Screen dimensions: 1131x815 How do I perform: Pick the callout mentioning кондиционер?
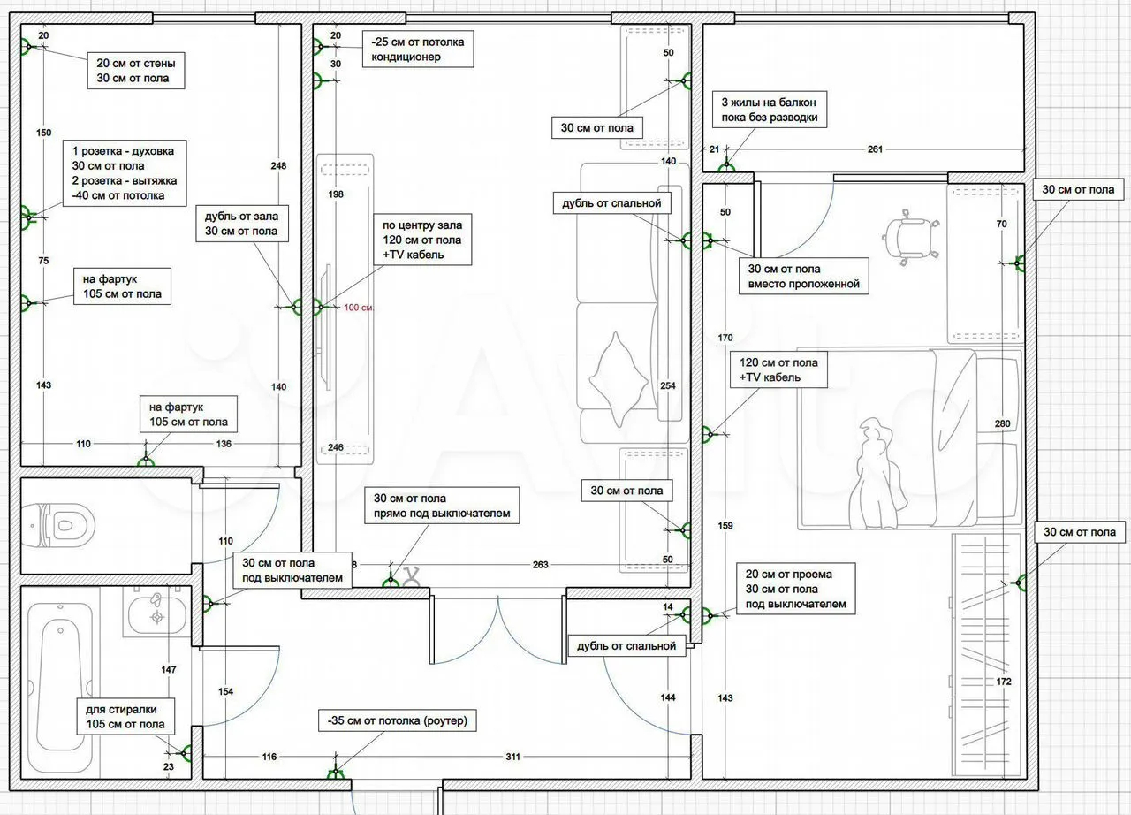(418, 50)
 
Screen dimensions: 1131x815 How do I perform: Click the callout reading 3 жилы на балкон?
(770, 110)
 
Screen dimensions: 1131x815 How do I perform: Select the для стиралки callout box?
(125, 717)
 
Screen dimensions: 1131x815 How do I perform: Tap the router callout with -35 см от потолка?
(398, 720)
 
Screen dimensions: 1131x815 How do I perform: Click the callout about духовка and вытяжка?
(125, 173)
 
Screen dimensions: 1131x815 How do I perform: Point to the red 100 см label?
(359, 308)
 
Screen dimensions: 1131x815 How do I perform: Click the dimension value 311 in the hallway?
(512, 757)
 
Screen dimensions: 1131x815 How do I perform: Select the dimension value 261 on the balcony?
(875, 149)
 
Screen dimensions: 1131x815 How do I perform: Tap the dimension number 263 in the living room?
(540, 565)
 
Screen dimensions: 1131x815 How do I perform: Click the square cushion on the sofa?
(619, 378)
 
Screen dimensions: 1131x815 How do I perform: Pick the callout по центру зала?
(422, 240)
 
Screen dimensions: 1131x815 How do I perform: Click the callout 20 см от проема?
(796, 589)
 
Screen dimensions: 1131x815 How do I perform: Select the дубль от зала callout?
(242, 223)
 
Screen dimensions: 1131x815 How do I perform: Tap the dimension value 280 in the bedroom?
(1002, 423)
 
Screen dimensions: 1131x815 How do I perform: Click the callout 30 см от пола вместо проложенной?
(804, 276)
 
